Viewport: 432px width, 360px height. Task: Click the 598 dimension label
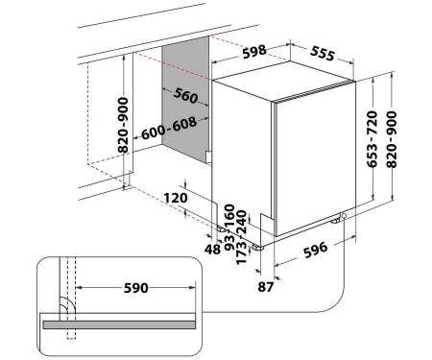coord(254,52)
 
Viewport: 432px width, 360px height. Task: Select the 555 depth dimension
coord(323,54)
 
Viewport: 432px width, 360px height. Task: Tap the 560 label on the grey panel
coord(186,95)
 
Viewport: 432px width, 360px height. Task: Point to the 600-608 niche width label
coord(169,128)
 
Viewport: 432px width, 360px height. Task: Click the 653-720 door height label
coord(372,139)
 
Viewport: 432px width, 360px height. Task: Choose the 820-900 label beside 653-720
coord(392,139)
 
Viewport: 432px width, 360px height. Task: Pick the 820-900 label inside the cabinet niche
coord(123,125)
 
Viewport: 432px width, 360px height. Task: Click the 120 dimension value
coord(176,198)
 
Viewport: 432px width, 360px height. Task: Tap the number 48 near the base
coord(213,250)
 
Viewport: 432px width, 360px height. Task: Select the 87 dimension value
coord(266,287)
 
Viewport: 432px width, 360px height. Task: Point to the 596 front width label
coord(316,250)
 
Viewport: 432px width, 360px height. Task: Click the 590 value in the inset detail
coord(136,288)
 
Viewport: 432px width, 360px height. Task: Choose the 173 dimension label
coord(241,253)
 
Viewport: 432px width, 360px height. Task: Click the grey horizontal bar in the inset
coord(119,324)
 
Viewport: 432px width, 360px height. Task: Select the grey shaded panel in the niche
coord(185,98)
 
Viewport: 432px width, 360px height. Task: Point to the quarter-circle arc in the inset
coord(71,302)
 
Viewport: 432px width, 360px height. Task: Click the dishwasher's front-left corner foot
coord(258,248)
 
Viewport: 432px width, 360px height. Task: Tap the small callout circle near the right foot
coord(344,216)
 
